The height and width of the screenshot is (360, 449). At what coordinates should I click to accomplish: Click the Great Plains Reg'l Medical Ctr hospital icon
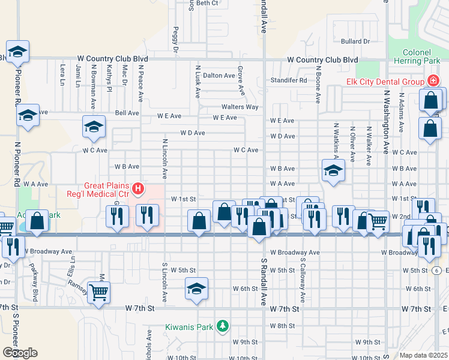138,190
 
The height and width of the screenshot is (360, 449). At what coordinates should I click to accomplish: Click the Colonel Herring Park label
417,56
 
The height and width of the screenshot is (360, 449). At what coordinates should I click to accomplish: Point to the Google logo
20,353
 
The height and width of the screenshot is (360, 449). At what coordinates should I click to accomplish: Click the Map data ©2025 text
424,355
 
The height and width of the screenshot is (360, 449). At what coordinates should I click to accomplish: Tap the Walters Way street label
240,107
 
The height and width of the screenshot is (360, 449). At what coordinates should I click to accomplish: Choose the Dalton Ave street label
218,76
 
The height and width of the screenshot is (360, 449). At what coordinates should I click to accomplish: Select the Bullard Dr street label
355,41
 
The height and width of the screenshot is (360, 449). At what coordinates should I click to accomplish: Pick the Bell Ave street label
127,113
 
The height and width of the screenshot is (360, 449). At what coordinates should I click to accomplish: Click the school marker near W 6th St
196,289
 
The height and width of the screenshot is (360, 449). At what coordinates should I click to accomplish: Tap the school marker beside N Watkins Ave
333,170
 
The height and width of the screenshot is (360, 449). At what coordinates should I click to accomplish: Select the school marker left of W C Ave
94,126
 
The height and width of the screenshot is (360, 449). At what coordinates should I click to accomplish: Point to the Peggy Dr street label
176,39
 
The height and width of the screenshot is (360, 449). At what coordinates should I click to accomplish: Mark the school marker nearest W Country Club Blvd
17,52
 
